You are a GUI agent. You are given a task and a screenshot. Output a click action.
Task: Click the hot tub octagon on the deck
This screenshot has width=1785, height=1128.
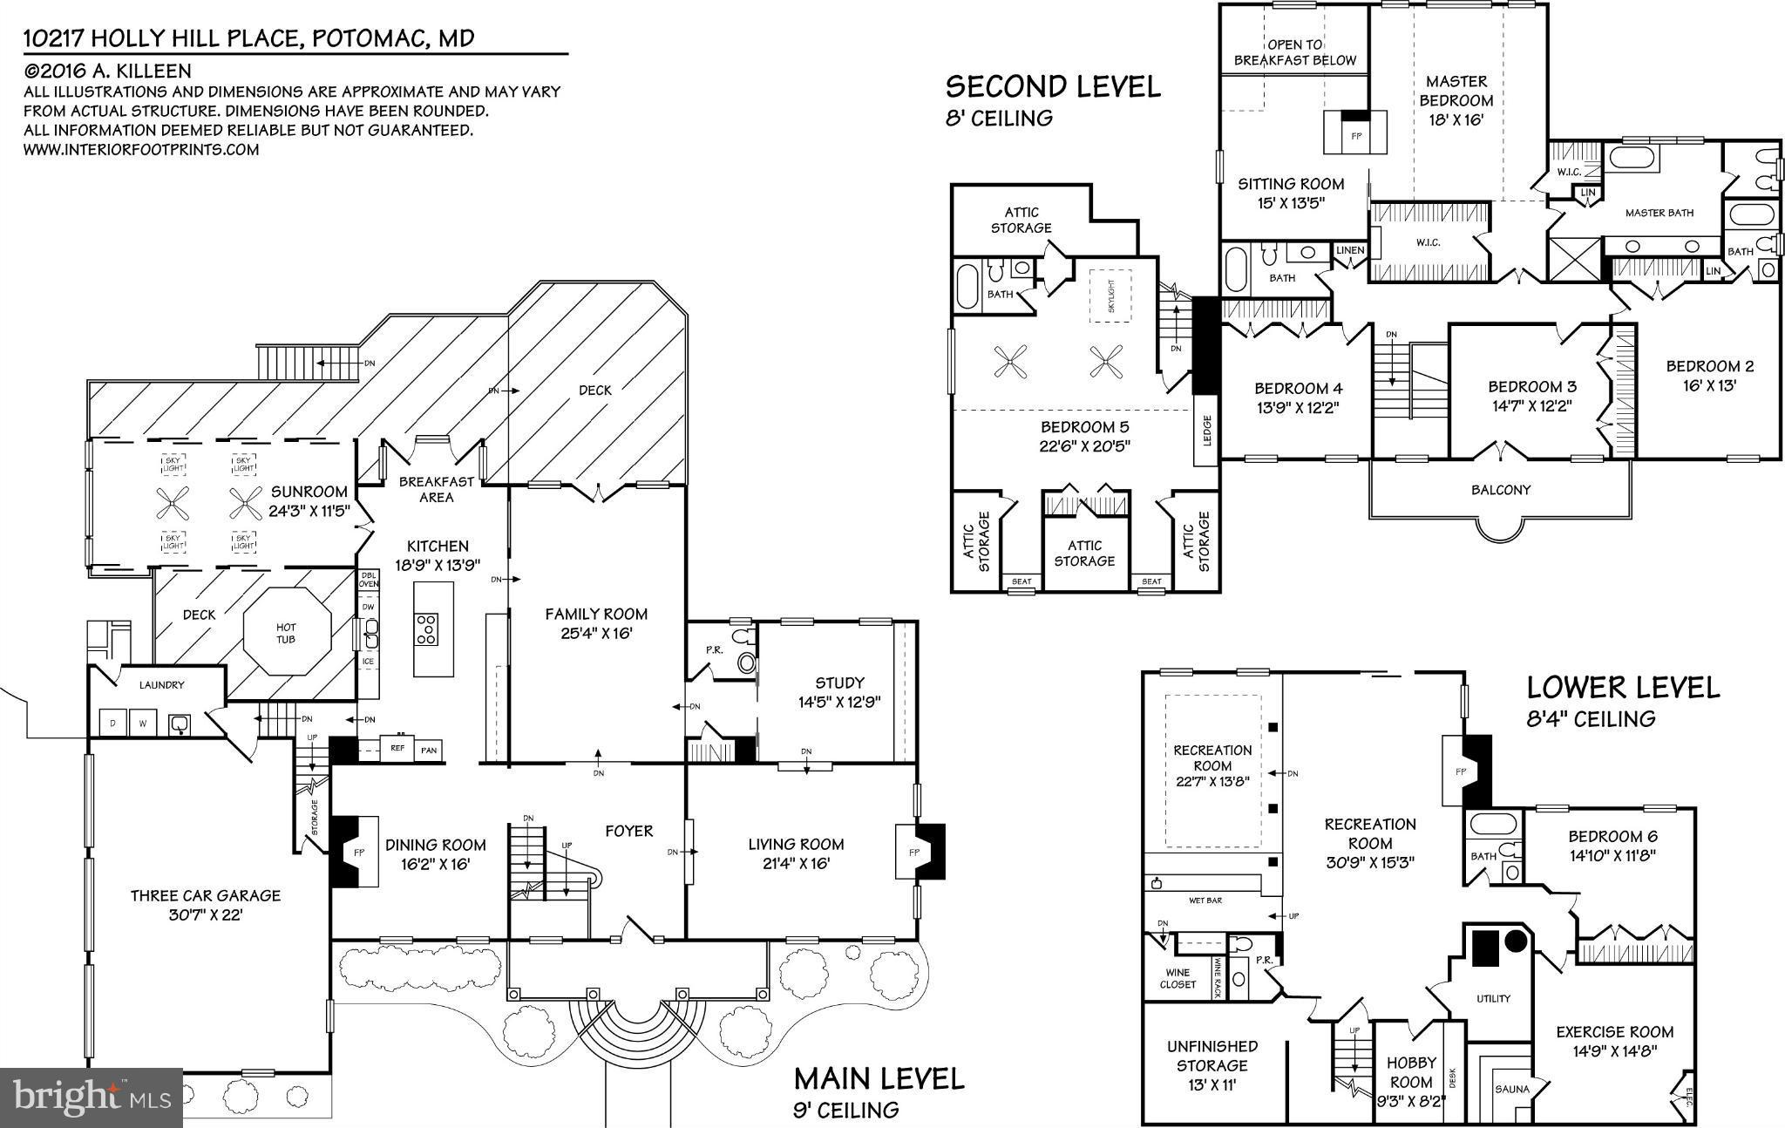287,632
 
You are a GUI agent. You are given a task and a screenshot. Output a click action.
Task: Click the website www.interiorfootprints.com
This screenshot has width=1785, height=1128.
141,149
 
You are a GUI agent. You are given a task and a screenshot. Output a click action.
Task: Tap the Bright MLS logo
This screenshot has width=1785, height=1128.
91,1095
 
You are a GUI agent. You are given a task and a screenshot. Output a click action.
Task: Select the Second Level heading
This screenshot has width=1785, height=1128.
1053,86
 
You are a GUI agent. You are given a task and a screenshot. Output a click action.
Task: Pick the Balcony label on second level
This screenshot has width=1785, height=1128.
1501,490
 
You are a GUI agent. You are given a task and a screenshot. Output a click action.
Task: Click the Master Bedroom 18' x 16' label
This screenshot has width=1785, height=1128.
1456,100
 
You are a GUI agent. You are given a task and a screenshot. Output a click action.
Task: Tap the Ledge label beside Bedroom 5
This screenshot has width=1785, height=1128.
1206,429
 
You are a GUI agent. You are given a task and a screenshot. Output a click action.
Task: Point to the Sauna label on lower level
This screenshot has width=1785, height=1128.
1511,1089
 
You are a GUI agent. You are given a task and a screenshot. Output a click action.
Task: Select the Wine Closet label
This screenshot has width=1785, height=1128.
1178,979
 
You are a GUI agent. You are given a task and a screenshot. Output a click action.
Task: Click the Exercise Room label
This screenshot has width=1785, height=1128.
1614,1032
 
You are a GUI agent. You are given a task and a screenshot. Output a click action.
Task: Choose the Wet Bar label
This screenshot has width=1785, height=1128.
1205,900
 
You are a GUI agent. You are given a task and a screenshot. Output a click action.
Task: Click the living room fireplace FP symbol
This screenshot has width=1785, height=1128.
915,851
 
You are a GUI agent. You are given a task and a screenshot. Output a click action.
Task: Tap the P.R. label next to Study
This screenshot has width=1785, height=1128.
714,649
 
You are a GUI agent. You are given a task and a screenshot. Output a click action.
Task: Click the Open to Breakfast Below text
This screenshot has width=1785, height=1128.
1294,52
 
